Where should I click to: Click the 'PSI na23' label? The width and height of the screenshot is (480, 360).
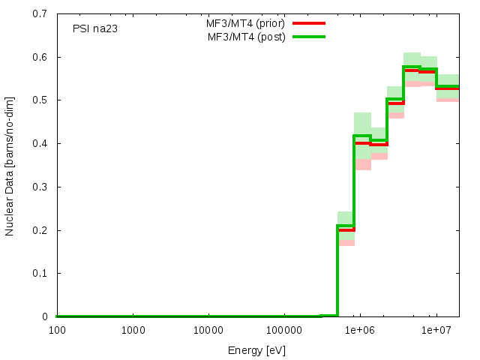pyautogui.click(x=95, y=29)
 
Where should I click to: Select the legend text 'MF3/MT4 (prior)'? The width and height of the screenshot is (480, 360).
pyautogui.click(x=245, y=23)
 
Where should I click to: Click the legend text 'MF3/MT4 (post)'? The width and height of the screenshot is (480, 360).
pyautogui.click(x=246, y=37)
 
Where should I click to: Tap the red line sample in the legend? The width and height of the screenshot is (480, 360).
pyautogui.click(x=309, y=23)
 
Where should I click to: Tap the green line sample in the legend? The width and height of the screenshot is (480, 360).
pyautogui.click(x=309, y=37)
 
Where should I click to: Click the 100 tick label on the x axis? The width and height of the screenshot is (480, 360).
pyautogui.click(x=56, y=330)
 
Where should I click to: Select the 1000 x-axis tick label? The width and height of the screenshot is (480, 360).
pyautogui.click(x=133, y=330)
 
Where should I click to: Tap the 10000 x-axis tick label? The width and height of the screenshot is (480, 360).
pyautogui.click(x=208, y=330)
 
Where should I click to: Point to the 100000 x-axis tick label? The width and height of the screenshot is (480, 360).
pyautogui.click(x=284, y=330)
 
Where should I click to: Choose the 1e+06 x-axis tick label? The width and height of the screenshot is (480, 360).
pyautogui.click(x=360, y=330)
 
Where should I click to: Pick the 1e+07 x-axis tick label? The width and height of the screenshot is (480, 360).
pyautogui.click(x=436, y=330)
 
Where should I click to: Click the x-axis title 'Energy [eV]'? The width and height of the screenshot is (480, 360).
pyautogui.click(x=256, y=350)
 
